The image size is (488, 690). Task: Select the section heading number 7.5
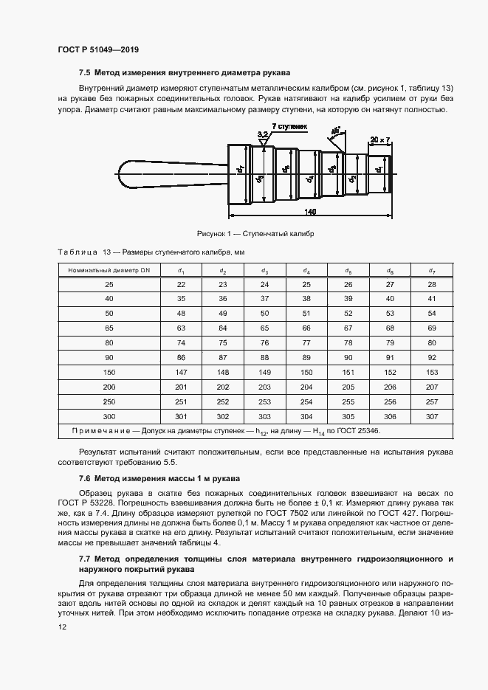[84, 73]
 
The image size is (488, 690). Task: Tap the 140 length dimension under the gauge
[310, 213]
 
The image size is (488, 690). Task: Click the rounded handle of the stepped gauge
[148, 175]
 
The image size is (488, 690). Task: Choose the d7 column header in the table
[433, 271]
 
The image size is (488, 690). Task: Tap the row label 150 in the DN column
[109, 372]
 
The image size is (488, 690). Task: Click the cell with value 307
[433, 415]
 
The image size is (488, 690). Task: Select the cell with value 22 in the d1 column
[181, 285]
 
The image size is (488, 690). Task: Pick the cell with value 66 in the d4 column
[307, 328]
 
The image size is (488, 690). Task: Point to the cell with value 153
[433, 372]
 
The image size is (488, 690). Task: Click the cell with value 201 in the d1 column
[181, 387]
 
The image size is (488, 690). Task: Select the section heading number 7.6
[84, 479]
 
